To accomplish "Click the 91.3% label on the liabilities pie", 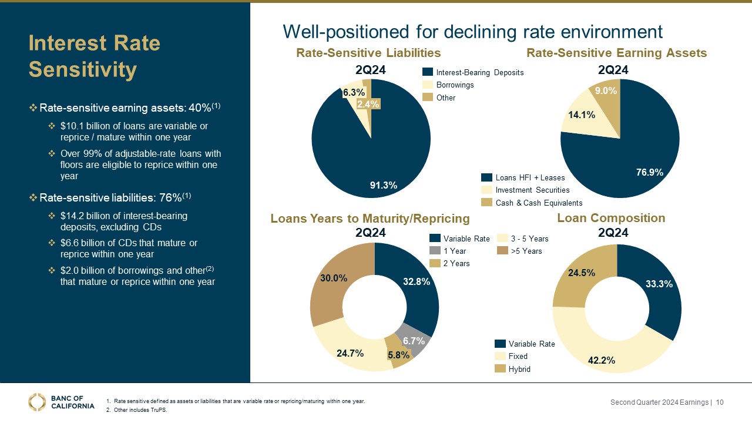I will point(384,185).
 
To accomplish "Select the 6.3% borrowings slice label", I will point(354,92).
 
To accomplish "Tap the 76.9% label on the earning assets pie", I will point(650,172).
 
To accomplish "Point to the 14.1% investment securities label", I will point(582,115).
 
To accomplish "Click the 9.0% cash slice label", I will point(606,90).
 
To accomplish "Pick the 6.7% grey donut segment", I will point(414,341).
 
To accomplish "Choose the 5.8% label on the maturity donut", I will point(398,355).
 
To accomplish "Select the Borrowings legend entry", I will point(455,85).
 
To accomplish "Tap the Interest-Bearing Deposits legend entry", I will point(478,72).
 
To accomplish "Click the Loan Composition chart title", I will point(611,218).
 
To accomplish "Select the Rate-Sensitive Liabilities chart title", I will point(368,53).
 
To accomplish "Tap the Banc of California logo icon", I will point(37,402).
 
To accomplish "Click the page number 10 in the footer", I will point(720,402).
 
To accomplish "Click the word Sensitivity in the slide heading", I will point(83,69).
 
